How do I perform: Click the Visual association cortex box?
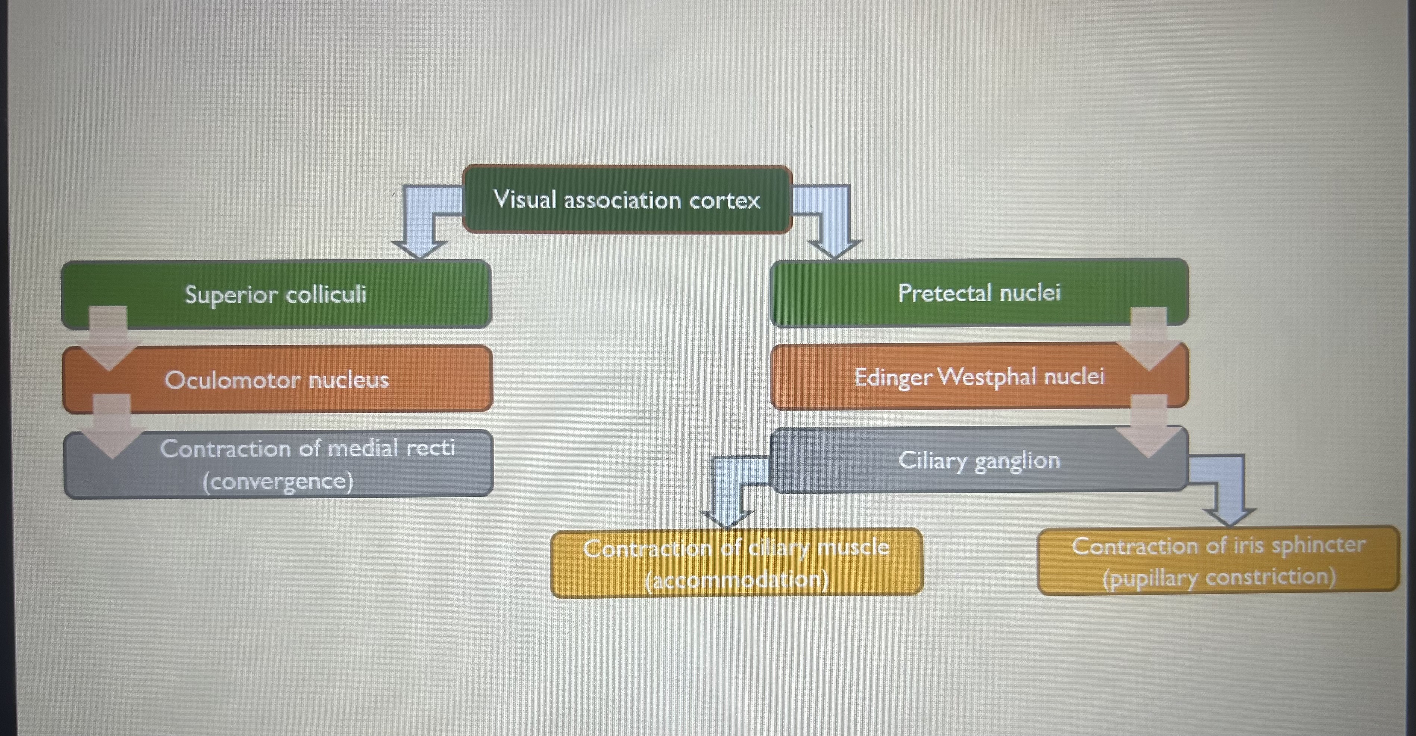627,199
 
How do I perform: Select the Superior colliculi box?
276,294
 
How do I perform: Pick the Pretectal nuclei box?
978,293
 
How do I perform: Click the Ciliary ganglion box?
978,461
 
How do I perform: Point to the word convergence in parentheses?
278,482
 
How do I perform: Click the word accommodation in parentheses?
737,579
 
